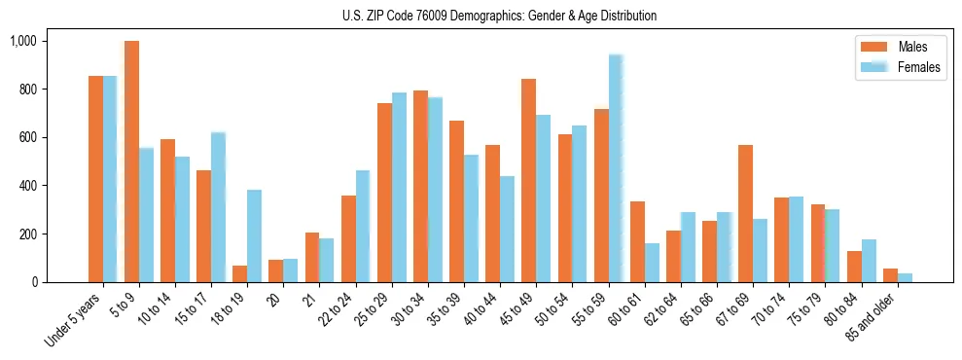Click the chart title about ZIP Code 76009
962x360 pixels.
499,16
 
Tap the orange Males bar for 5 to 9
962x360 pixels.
131,162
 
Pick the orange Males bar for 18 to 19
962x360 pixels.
239,273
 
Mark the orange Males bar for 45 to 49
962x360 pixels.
528,180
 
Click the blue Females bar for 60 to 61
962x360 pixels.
652,263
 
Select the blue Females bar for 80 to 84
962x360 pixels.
869,261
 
